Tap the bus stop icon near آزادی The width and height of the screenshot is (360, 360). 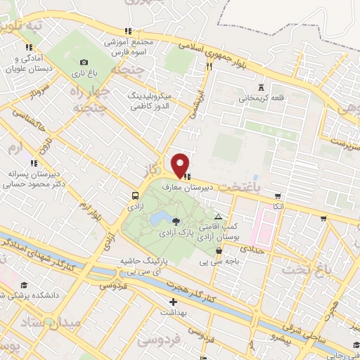tap(134, 195)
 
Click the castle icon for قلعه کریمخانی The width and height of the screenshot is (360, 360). tap(262, 86)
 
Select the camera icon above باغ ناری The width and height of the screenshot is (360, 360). tap(84, 62)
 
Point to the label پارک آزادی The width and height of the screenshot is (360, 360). tap(176, 231)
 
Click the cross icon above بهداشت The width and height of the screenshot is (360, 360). tap(173, 302)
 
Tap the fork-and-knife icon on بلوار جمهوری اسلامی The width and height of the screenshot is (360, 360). tap(209, 66)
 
